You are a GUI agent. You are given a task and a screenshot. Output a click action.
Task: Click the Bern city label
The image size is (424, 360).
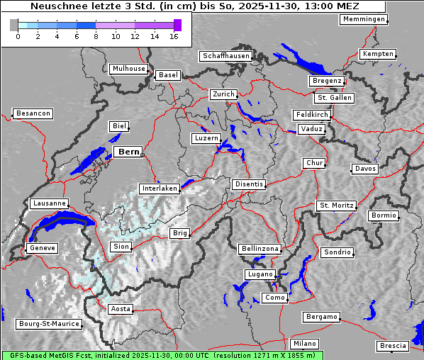coord(128,152)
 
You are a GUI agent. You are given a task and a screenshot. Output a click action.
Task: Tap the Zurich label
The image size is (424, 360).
coord(223,94)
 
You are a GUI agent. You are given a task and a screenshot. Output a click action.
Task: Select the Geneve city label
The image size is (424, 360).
coord(41,248)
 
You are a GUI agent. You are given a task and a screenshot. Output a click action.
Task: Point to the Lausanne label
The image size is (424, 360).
coord(49,203)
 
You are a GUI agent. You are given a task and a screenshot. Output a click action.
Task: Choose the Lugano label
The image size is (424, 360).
coord(260,274)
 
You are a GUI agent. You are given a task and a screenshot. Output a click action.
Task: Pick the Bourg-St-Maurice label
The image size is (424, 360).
coord(48,324)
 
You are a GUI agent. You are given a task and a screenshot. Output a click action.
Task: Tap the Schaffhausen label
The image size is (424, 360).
coord(225,55)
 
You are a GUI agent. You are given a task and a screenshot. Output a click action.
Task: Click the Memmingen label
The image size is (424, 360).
coord(364,19)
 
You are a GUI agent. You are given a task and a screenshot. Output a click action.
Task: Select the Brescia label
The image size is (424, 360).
coord(393,346)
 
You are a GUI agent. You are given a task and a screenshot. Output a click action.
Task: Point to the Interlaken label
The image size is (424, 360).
coord(159,189)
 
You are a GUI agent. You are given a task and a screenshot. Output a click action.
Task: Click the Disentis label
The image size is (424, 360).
coord(248,184)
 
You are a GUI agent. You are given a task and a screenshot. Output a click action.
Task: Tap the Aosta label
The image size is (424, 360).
coord(121,309)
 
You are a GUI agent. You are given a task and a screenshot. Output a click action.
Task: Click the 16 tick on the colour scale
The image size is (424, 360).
coord(174,36)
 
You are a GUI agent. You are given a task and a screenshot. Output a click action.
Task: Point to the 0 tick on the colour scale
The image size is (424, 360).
coord(18,36)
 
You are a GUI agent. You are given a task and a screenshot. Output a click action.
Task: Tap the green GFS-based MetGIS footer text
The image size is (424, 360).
coord(162,355)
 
